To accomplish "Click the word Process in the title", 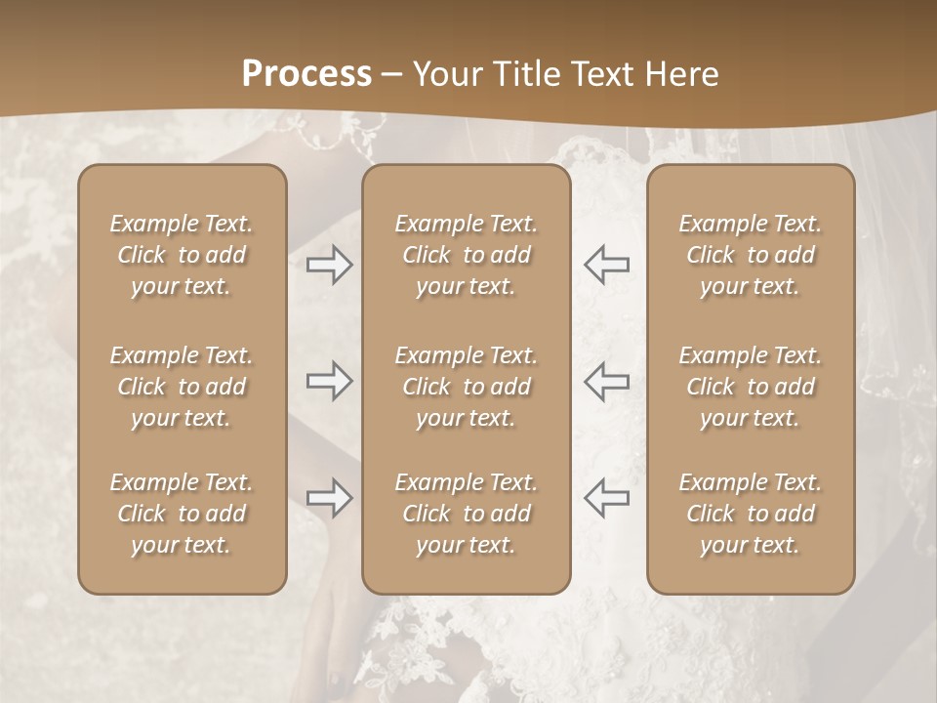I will coord(306,74).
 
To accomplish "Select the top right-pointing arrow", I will coord(330,265).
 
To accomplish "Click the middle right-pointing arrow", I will coord(330,381).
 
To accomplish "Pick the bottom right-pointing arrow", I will coord(330,498).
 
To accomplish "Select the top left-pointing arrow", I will coord(606,265).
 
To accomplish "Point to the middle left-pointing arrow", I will coord(606,381).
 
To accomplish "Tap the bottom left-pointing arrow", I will coord(606,498).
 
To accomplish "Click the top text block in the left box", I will coord(182,255).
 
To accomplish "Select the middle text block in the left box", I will coord(182,387).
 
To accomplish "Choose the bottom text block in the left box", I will coord(182,514).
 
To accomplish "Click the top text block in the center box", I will coord(466,255).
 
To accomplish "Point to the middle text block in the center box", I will coord(466,387).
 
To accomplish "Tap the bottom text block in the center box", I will coord(466,514).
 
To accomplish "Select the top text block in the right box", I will coord(750,255).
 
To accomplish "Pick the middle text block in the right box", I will coord(750,387).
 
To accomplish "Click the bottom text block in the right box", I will coord(750,514).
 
